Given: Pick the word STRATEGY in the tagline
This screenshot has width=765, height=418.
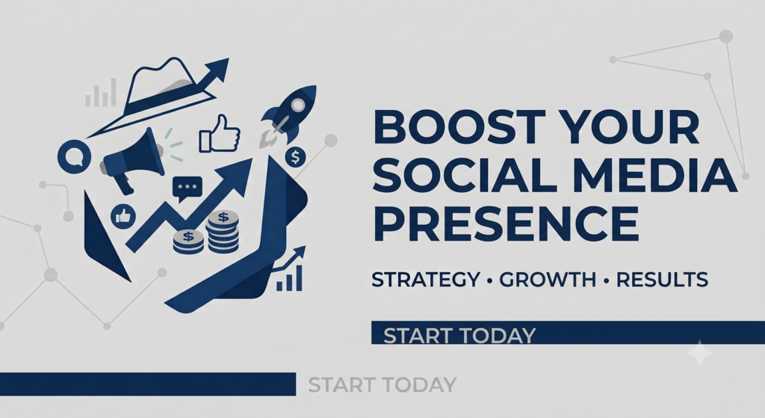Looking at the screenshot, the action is [x=425, y=280].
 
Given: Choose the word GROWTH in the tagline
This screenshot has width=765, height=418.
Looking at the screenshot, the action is [x=548, y=280].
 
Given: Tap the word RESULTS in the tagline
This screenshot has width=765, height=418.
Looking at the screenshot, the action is [x=662, y=280].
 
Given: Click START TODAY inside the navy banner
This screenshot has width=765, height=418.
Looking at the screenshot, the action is [x=459, y=336].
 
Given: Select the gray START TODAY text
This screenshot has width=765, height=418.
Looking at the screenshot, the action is [x=382, y=385].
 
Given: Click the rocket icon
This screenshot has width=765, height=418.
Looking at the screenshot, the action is [x=288, y=116].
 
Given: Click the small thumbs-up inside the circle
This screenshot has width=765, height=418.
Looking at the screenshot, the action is [x=123, y=216].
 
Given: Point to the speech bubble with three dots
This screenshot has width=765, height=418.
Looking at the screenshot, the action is [x=188, y=188].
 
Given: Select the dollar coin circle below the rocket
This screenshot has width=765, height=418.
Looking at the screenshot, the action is [x=295, y=157].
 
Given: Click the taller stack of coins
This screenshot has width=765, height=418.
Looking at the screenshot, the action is [x=223, y=232].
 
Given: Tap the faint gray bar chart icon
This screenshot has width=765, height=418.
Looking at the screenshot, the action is [x=101, y=93].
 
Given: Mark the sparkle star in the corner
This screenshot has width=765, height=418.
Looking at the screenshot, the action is [x=699, y=352].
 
